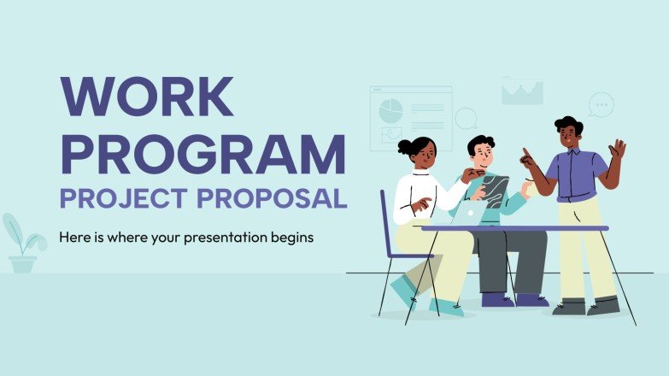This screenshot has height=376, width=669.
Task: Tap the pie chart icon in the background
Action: tap(390, 110)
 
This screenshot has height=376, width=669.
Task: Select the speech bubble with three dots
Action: tap(602, 104)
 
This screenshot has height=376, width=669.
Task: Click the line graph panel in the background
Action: tap(522, 91)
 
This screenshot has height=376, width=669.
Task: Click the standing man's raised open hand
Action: tap(617, 150)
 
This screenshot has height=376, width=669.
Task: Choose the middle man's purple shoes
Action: tap(513, 299)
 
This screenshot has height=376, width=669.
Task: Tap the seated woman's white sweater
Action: tap(419, 195)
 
